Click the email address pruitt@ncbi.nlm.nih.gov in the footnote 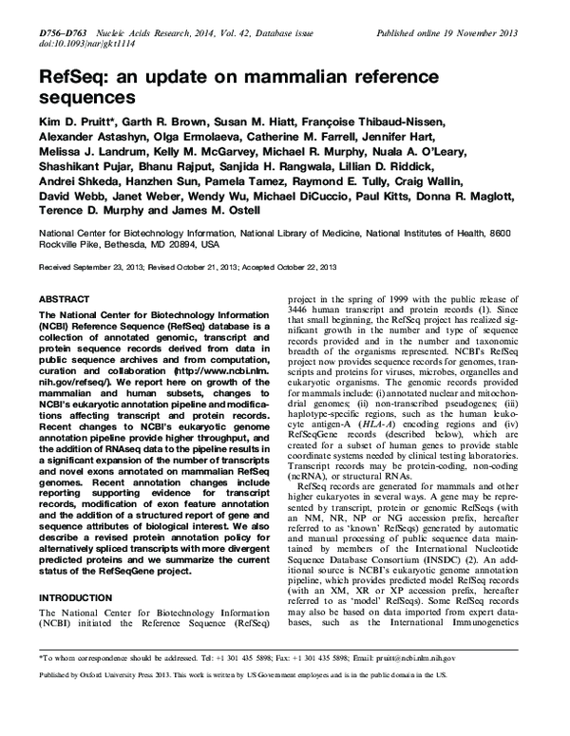coord(406,684)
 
